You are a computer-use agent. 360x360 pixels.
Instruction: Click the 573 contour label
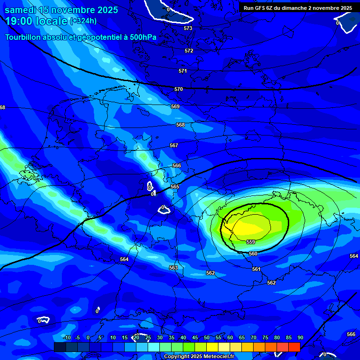(x=188, y=28)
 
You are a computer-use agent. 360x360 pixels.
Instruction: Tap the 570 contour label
(x=179, y=89)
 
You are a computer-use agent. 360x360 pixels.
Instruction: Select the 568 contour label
(x=180, y=125)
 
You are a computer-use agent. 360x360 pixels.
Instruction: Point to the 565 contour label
(x=175, y=187)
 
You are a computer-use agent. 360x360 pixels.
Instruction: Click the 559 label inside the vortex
(x=251, y=242)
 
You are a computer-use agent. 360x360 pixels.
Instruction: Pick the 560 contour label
(x=253, y=254)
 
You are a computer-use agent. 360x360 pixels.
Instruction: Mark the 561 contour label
(x=256, y=269)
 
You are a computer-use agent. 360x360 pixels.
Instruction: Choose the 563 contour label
(x=173, y=268)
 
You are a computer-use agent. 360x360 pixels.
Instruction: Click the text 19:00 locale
(x=36, y=21)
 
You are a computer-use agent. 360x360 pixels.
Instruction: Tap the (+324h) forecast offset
(x=83, y=21)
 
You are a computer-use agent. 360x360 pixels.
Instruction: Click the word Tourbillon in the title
(x=23, y=37)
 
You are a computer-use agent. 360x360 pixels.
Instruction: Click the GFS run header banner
(x=298, y=8)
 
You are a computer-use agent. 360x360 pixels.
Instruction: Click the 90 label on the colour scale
(x=300, y=337)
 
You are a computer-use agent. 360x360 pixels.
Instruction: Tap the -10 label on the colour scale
(x=67, y=337)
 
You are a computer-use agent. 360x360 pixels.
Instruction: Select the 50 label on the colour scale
(x=207, y=337)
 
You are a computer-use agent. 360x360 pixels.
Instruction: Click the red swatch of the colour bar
(x=294, y=347)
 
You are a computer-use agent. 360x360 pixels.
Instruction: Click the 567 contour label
(x=174, y=145)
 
